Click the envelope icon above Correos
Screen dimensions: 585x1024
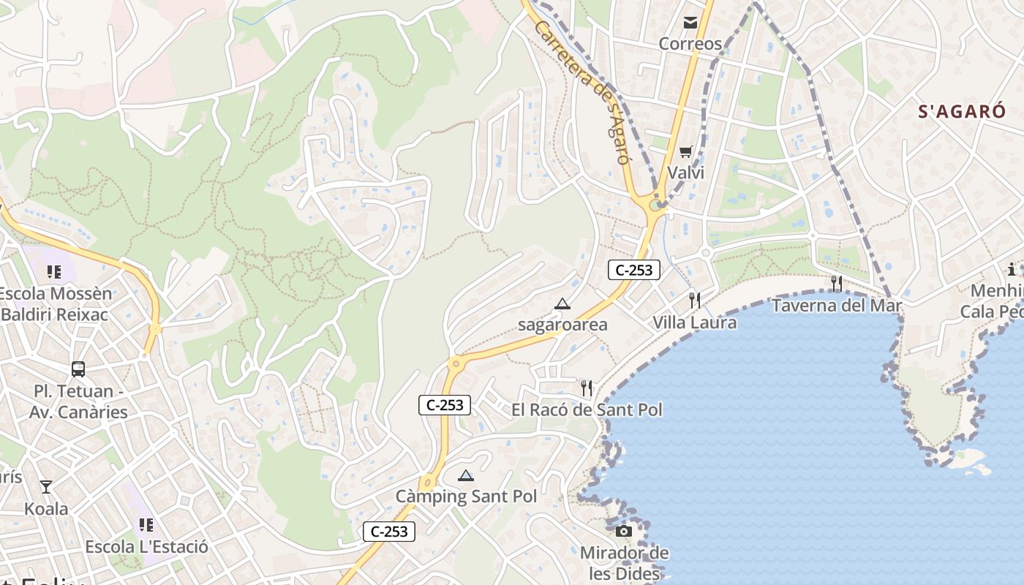click(690, 23)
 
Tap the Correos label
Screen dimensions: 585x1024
click(690, 44)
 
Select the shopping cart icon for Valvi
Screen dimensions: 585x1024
click(685, 152)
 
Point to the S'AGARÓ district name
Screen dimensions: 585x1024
click(962, 112)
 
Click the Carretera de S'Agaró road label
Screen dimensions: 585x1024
click(582, 91)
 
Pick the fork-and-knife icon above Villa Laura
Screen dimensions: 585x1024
click(694, 300)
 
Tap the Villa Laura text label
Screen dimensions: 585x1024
click(694, 322)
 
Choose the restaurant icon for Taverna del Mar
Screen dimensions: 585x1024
click(836, 284)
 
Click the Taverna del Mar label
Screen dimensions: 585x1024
click(837, 306)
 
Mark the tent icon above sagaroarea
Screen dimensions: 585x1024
click(562, 303)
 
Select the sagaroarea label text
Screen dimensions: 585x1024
click(562, 325)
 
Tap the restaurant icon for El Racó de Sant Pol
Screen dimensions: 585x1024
click(587, 388)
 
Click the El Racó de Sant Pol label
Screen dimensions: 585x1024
click(587, 409)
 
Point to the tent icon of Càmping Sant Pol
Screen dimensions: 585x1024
click(466, 475)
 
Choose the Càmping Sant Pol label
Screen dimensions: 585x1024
click(466, 497)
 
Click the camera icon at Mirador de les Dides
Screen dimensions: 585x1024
click(624, 531)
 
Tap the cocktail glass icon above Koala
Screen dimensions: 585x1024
click(46, 487)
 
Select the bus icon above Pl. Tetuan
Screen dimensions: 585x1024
click(78, 369)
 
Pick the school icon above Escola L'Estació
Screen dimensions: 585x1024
click(146, 525)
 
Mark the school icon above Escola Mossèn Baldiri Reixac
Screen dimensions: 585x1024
click(54, 272)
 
